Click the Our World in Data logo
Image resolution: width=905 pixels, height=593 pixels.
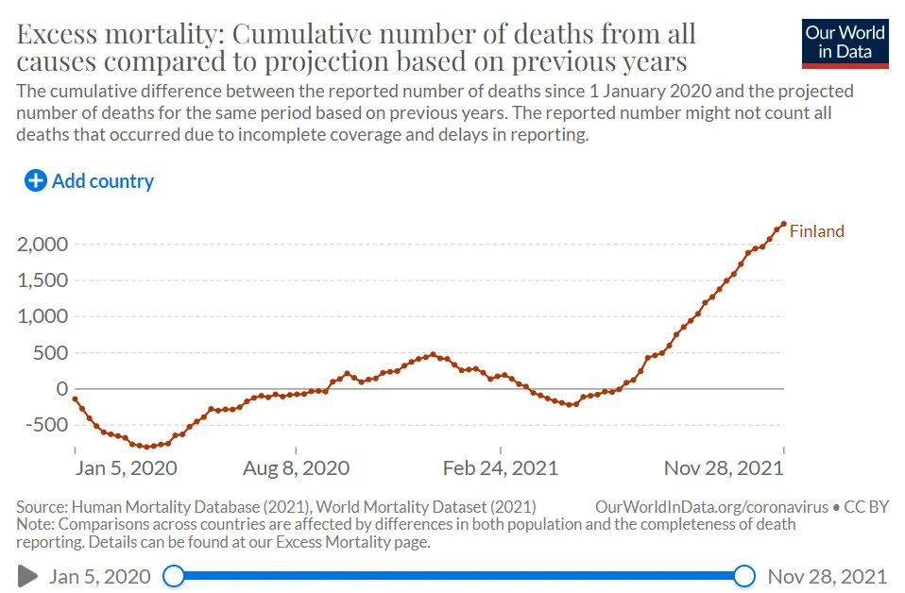(x=845, y=43)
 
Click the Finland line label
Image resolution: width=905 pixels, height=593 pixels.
(x=816, y=231)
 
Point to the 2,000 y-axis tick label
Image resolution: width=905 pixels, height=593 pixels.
(x=43, y=245)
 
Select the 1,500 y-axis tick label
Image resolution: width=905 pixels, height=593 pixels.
(x=43, y=280)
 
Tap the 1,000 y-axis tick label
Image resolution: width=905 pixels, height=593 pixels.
(x=43, y=316)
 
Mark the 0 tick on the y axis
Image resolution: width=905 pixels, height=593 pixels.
(x=61, y=389)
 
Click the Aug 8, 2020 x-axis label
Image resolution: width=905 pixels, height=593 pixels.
(x=296, y=468)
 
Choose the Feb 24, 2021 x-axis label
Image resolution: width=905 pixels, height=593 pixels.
(x=500, y=468)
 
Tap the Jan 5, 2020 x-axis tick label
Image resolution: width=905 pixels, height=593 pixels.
(x=126, y=468)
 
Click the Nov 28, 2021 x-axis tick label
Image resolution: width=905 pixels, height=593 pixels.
(x=724, y=468)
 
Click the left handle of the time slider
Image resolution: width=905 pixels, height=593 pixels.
(x=174, y=575)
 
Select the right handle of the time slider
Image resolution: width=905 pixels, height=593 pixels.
(x=744, y=575)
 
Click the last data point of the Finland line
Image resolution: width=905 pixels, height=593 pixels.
(x=783, y=224)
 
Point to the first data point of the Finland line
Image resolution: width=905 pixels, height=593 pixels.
(x=76, y=399)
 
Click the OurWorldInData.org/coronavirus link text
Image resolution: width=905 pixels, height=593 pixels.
(x=712, y=507)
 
